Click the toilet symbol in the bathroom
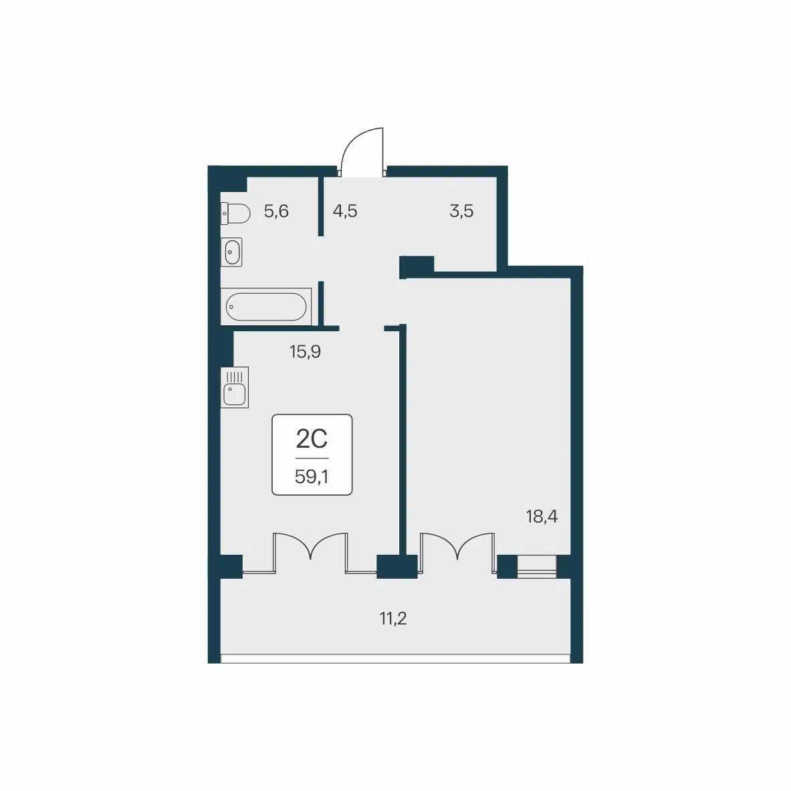(x=235, y=213)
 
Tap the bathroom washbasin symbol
(x=231, y=252)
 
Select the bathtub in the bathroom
(x=266, y=306)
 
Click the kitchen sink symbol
(x=235, y=387)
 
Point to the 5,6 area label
(x=276, y=211)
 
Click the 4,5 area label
(x=345, y=211)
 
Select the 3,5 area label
(x=461, y=211)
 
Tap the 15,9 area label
(x=305, y=351)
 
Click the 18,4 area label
(x=542, y=517)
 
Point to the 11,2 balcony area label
(x=393, y=618)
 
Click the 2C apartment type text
(x=312, y=438)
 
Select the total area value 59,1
(x=312, y=476)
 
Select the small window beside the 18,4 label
(x=537, y=566)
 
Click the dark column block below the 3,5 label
(x=417, y=266)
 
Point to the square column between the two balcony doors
(x=397, y=566)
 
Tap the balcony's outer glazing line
(x=396, y=658)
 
